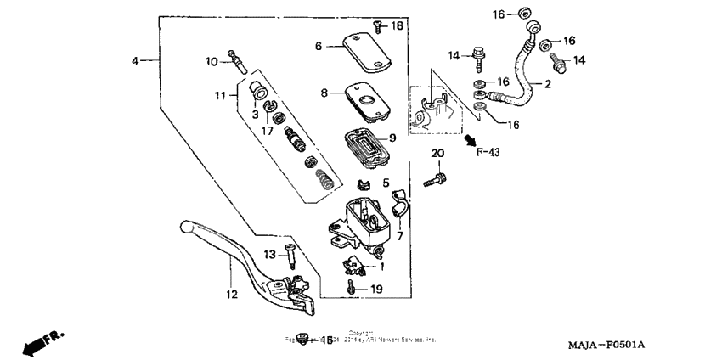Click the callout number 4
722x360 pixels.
(x=134, y=60)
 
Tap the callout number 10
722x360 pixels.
(x=212, y=60)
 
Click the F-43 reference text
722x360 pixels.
(x=489, y=152)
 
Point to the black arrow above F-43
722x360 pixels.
(x=469, y=137)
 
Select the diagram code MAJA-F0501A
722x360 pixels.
(x=606, y=345)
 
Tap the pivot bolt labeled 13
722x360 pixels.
(x=291, y=256)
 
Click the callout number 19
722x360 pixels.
(x=376, y=289)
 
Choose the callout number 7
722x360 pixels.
(x=399, y=237)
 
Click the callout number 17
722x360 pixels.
(x=267, y=131)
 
